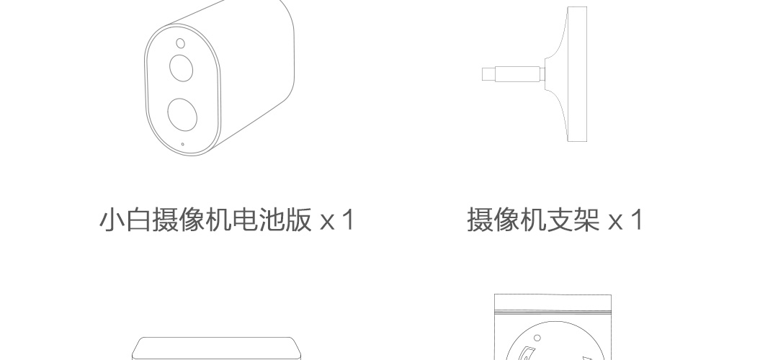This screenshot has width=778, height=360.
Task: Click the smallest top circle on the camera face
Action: [181, 44]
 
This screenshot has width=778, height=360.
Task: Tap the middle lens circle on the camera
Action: [181, 68]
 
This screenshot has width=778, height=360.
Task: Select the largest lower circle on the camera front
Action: [182, 114]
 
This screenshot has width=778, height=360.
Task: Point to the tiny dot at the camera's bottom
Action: [182, 144]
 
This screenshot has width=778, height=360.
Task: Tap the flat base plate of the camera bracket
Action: [577, 74]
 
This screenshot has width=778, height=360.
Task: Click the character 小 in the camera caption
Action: [112, 220]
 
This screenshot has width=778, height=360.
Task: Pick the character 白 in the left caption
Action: [138, 220]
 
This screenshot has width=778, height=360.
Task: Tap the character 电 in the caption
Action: [245, 220]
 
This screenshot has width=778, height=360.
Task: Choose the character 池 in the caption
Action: [272, 220]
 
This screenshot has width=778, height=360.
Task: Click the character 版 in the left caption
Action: [298, 220]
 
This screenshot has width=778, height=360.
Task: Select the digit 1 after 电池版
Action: [349, 220]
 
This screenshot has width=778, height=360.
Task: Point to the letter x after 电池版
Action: [327, 222]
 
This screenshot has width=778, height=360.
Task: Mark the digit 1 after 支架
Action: [637, 220]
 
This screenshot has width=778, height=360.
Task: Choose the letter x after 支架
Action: [615, 222]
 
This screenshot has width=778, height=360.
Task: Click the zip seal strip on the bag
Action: [553, 312]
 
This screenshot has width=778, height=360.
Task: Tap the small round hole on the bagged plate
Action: [537, 338]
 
